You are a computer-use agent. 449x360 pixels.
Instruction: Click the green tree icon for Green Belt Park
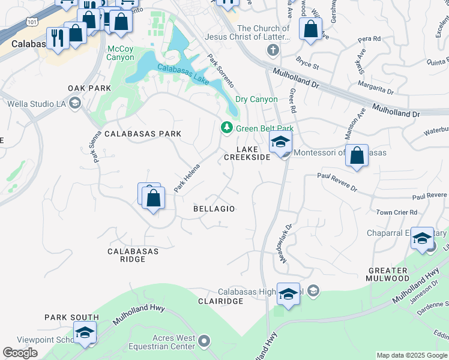[226, 128]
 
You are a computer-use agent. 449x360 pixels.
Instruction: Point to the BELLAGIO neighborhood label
[214, 209]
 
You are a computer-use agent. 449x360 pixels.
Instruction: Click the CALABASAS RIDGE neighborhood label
[133, 255]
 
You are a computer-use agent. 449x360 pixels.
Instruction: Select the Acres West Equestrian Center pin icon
[204, 342]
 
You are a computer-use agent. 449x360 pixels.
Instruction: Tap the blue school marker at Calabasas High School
[288, 294]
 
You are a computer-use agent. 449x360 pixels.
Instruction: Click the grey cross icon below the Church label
[273, 49]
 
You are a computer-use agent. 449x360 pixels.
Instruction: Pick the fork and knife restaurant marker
[58, 38]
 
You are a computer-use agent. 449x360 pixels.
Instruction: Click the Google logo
[20, 353]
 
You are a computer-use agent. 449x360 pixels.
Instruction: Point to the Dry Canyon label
[256, 100]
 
